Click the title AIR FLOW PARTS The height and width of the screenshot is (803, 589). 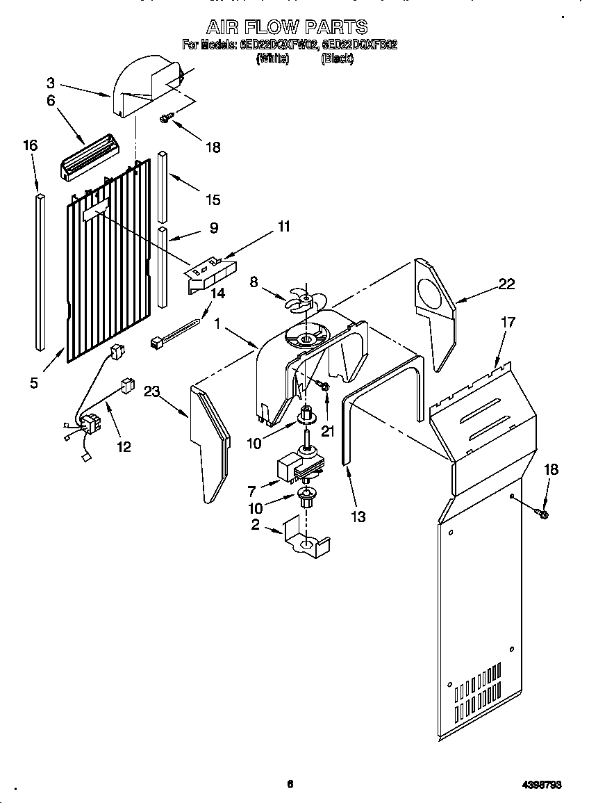click(287, 27)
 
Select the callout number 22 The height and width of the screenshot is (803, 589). click(507, 284)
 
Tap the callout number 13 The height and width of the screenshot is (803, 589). click(358, 517)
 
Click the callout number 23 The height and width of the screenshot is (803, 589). click(152, 391)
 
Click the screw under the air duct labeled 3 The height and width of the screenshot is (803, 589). click(165, 119)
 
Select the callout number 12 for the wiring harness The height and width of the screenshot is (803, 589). click(123, 446)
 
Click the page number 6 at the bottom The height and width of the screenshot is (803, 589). click(290, 784)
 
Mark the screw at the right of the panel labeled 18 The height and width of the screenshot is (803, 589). click(542, 514)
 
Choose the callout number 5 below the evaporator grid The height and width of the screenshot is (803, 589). click(34, 382)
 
